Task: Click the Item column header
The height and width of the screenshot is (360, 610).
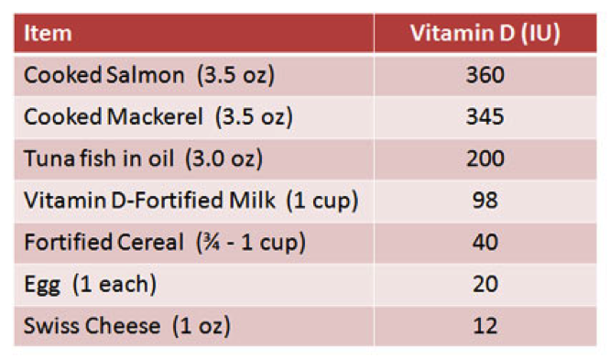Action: pyautogui.click(x=48, y=33)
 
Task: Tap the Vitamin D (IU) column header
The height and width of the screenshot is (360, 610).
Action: pyautogui.click(x=485, y=34)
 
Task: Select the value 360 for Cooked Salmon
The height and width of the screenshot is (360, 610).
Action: pyautogui.click(x=485, y=74)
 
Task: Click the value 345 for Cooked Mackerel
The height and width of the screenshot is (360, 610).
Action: pyautogui.click(x=485, y=116)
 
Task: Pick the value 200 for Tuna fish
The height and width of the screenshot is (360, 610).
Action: pyautogui.click(x=485, y=158)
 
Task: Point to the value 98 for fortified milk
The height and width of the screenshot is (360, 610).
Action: pyautogui.click(x=485, y=200)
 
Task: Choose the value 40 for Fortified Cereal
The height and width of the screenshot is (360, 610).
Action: pyautogui.click(x=485, y=242)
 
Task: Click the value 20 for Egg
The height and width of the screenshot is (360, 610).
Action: pyautogui.click(x=485, y=284)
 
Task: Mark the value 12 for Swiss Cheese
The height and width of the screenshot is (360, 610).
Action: pyautogui.click(x=485, y=325)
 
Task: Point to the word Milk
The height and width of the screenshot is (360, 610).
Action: pyautogui.click(x=252, y=200)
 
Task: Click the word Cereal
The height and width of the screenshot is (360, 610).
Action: pyautogui.click(x=150, y=242)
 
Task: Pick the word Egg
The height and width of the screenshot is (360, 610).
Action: pyautogui.click(x=42, y=285)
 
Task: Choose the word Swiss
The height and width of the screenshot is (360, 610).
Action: pyautogui.click(x=52, y=325)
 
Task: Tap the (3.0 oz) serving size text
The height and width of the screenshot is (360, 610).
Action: pyautogui.click(x=224, y=158)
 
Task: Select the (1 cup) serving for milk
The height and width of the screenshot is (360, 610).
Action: pyautogui.click(x=322, y=201)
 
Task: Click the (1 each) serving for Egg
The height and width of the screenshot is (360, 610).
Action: pyautogui.click(x=114, y=284)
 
